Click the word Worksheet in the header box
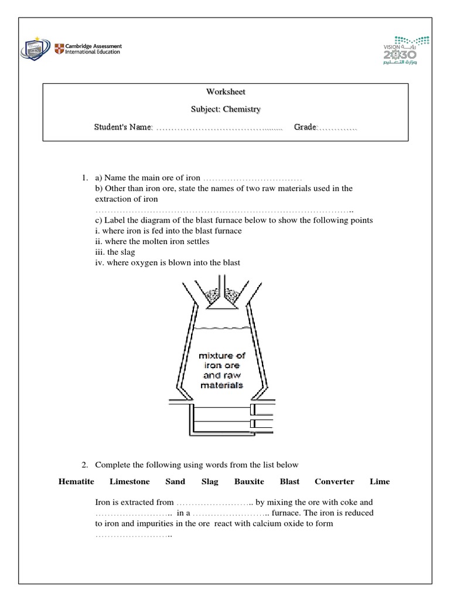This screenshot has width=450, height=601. point(225,92)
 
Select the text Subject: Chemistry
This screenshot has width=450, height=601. point(225,109)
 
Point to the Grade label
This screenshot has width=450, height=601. point(305,127)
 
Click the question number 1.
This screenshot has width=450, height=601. point(85,177)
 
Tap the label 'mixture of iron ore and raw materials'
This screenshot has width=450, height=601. point(222,370)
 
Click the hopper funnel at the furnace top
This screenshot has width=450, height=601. point(222,296)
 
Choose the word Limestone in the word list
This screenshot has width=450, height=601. point(129,481)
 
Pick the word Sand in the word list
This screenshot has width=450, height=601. point(175,481)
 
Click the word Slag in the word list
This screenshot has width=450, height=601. point(210,481)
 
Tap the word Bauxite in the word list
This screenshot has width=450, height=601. point(249,481)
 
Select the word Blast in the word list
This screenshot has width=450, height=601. point(289,481)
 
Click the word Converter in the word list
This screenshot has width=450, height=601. point(334,481)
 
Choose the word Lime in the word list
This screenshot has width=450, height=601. point(380,481)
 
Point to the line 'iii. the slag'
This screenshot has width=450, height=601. point(115,252)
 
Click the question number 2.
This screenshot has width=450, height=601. point(85,465)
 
